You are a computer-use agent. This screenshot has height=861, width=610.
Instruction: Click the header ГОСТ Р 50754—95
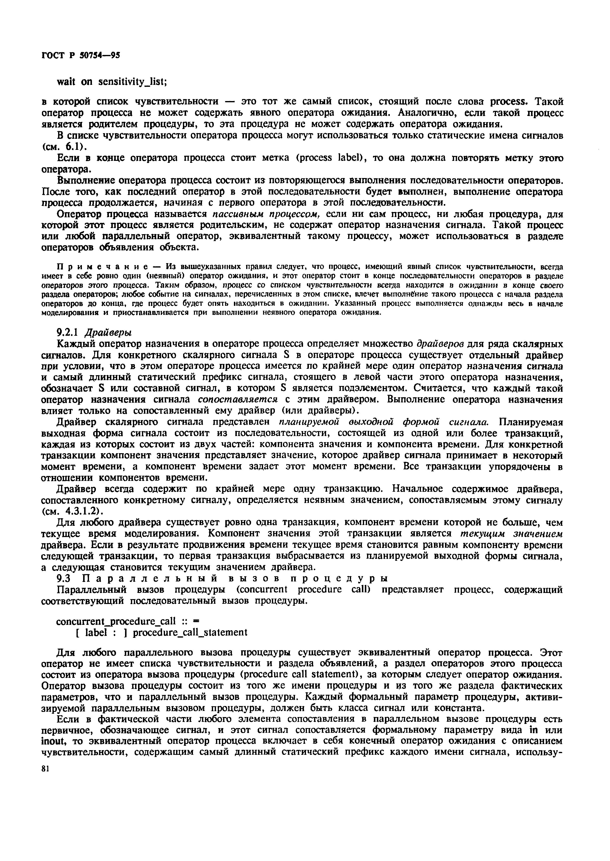click(80, 55)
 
